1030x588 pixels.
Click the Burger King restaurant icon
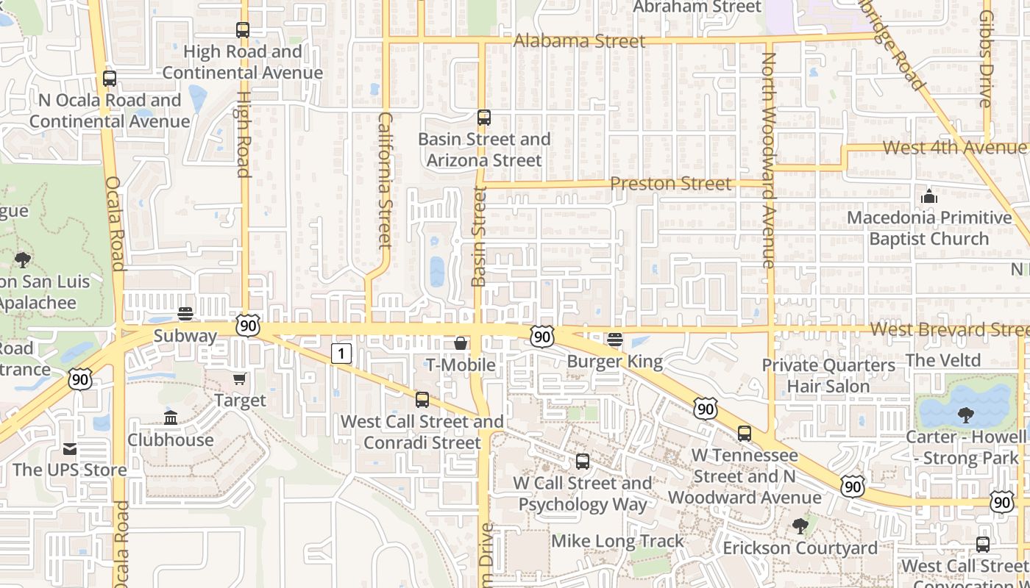[615, 340]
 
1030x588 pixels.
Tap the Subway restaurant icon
[185, 314]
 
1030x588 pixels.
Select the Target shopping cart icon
[239, 379]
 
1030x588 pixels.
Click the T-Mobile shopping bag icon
[461, 343]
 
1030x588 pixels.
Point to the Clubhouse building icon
[171, 418]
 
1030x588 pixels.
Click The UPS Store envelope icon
[70, 448]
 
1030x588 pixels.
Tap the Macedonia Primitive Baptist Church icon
[929, 196]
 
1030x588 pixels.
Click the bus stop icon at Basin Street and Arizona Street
[483, 118]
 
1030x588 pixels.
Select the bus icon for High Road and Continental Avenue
[243, 30]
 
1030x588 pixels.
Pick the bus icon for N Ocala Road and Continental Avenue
[110, 78]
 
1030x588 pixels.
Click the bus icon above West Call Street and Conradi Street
[422, 400]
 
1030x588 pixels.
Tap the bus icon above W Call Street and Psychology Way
[582, 462]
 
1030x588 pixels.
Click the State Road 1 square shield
[341, 354]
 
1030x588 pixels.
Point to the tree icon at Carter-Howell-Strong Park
[965, 415]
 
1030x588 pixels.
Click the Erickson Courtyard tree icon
[800, 526]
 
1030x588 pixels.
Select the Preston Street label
[671, 184]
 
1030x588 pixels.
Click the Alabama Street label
[579, 41]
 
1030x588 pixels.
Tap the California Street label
[385, 180]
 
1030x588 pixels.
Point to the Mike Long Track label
[617, 542]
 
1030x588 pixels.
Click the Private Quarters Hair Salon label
[828, 376]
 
